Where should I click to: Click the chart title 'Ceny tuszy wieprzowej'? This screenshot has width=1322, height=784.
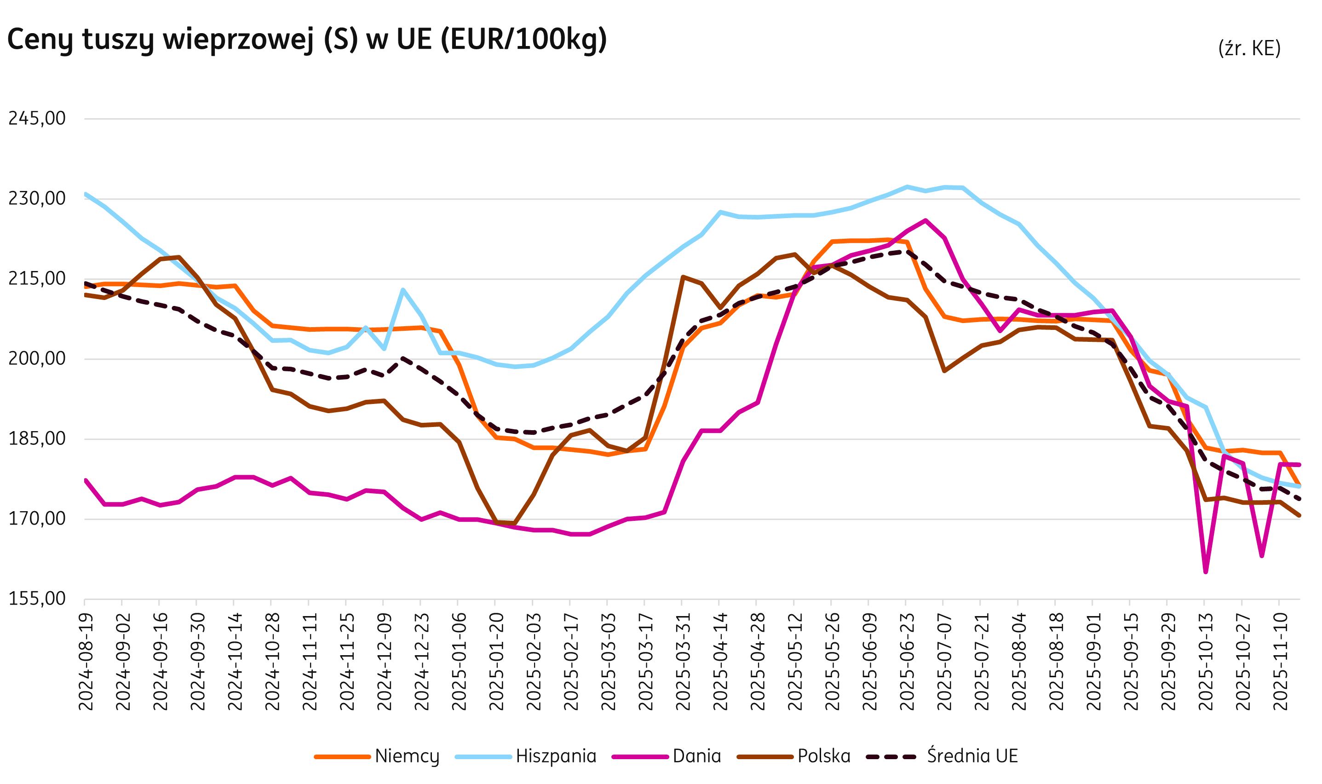click(306, 40)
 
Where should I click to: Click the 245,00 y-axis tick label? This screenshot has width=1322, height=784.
click(37, 118)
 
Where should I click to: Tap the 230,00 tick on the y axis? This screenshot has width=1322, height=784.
click(37, 199)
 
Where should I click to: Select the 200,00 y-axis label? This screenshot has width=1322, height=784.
click(37, 359)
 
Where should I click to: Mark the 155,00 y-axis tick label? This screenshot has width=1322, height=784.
click(37, 599)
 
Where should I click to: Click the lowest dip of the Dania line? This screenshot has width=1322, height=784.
click(1205, 571)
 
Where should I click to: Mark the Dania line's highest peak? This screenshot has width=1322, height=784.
click(925, 220)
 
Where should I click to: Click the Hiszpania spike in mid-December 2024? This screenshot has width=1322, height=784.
click(402, 290)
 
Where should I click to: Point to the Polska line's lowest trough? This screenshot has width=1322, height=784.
click(514, 524)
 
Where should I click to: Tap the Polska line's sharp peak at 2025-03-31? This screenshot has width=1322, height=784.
click(683, 277)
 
